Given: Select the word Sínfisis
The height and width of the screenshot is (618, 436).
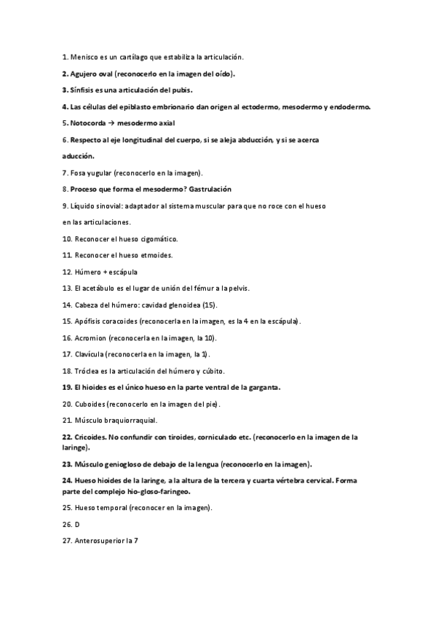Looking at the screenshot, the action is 82,90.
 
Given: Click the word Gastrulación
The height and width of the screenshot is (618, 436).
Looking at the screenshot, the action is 218,189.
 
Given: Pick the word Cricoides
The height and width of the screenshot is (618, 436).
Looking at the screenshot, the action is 89,437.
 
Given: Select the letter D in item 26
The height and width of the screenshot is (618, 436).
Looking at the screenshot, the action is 77,524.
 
